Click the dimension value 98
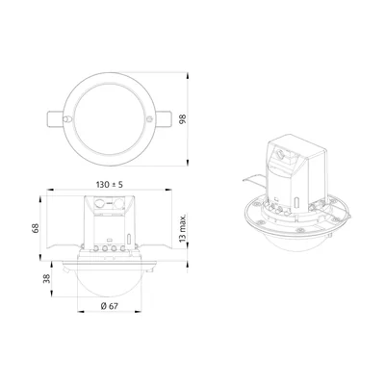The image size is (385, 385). coord(183,119)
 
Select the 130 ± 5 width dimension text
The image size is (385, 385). coord(110,185)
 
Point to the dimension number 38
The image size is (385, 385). coord(47,278)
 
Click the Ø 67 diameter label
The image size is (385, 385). coord(109,306)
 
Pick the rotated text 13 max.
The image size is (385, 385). coord(183,229)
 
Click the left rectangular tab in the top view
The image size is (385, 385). coord(56,119)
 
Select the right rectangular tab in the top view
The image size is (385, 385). coord(164,119)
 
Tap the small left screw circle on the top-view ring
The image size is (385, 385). coord(65,119)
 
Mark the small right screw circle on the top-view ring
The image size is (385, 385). coord(149,119)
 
